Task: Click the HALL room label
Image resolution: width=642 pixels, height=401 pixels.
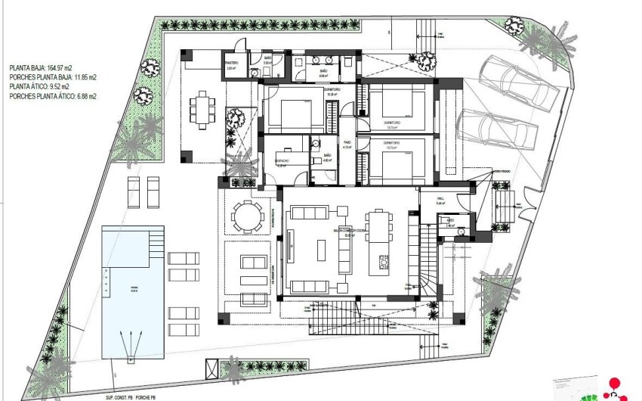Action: click(442, 201)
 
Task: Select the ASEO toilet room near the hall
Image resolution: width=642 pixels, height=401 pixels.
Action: click(450, 224)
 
